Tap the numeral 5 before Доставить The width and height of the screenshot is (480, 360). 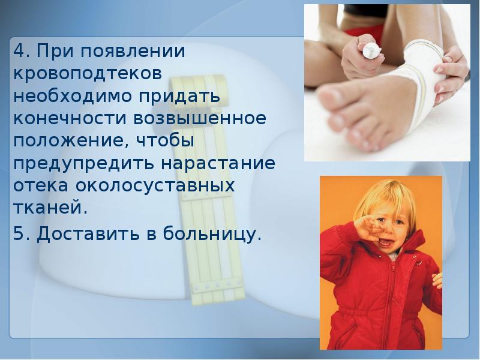pyautogui.click(x=19, y=233)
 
